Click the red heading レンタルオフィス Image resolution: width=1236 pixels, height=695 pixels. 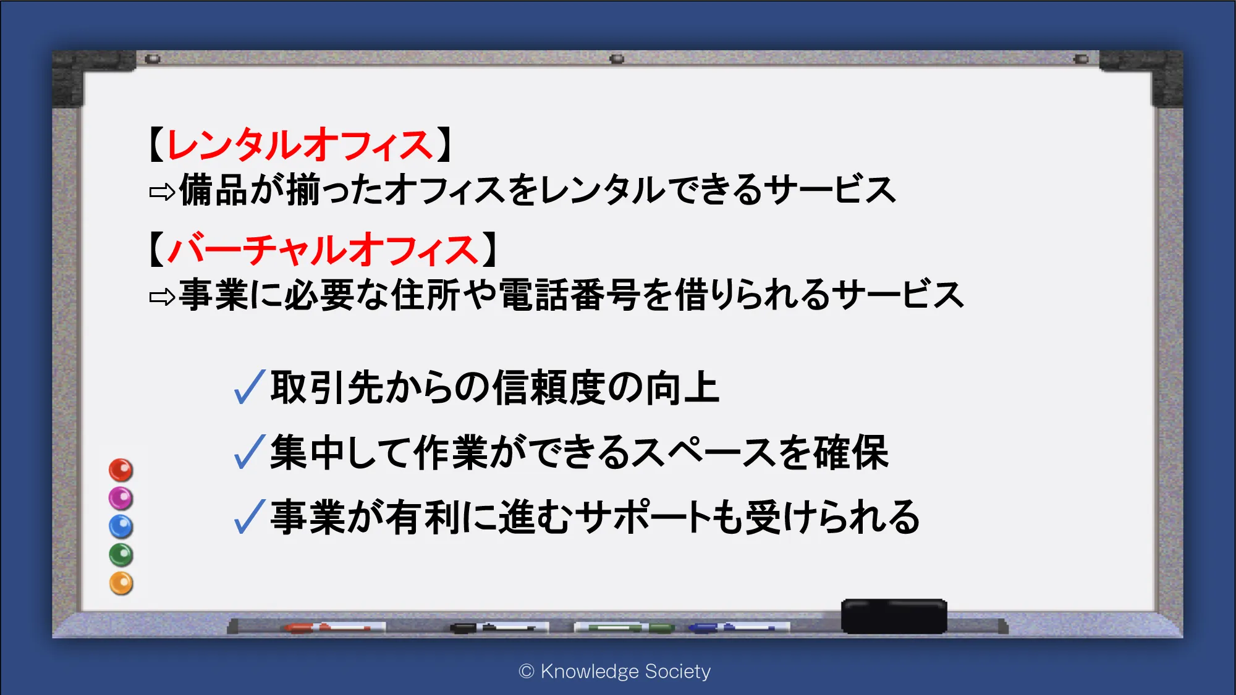(x=300, y=146)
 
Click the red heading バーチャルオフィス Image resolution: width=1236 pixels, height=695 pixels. (x=323, y=250)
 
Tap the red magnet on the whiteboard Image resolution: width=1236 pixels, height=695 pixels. (x=121, y=470)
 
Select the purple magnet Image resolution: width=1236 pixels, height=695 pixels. (x=121, y=499)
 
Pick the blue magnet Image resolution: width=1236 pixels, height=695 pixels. (x=121, y=527)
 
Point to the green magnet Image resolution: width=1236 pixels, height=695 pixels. (x=121, y=555)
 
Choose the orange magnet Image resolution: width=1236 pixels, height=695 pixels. (x=121, y=583)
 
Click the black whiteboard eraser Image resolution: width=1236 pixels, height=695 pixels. (x=894, y=616)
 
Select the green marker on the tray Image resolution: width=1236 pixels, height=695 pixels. (x=624, y=628)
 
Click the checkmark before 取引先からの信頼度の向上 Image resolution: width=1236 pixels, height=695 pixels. (x=250, y=387)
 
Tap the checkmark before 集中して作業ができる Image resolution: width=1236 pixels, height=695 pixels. (x=250, y=452)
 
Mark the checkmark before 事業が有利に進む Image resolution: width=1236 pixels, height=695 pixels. (x=250, y=516)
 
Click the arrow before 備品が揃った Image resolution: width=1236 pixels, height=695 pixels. (x=163, y=193)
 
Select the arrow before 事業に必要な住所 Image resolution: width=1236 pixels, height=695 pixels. (x=163, y=298)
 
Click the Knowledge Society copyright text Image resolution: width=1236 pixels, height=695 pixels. (x=615, y=672)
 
